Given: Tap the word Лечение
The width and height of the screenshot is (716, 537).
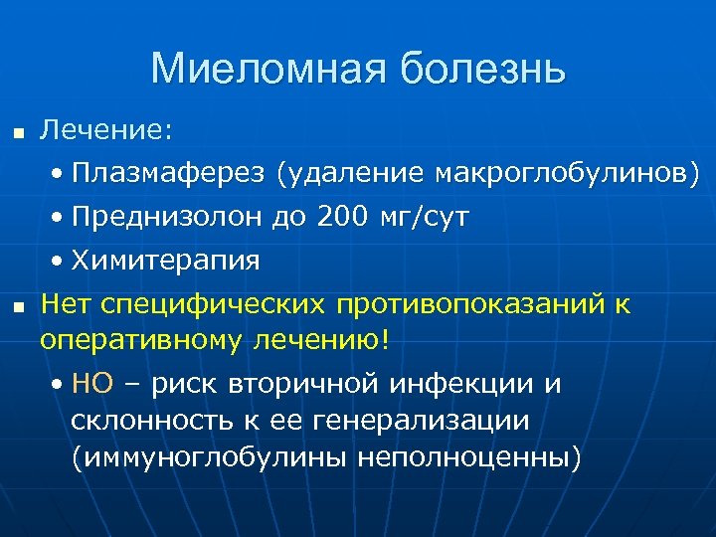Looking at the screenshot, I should click(105, 129).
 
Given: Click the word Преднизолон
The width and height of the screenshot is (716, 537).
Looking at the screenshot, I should click(168, 217).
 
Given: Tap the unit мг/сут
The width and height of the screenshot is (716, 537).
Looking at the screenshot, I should click(427, 217).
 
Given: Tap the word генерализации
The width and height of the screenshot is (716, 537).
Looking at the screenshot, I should click(421, 420).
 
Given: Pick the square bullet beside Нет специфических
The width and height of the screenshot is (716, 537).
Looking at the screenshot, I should click(16, 306).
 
